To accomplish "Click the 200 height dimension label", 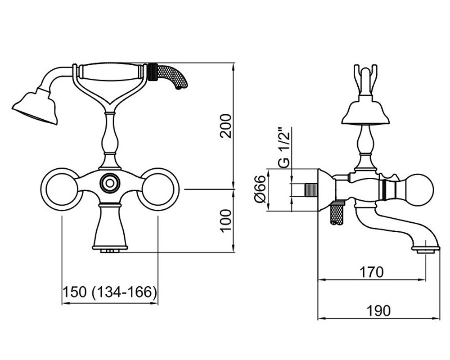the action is (x=225, y=126).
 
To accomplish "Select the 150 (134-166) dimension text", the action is (x=110, y=292).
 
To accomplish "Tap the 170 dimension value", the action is (x=372, y=272).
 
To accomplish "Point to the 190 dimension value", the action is (x=379, y=310).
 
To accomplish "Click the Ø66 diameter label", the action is (x=260, y=189).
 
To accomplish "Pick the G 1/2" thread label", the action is (x=284, y=148).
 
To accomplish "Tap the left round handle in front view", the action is (x=60, y=189).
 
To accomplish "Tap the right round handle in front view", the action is (x=158, y=189).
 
